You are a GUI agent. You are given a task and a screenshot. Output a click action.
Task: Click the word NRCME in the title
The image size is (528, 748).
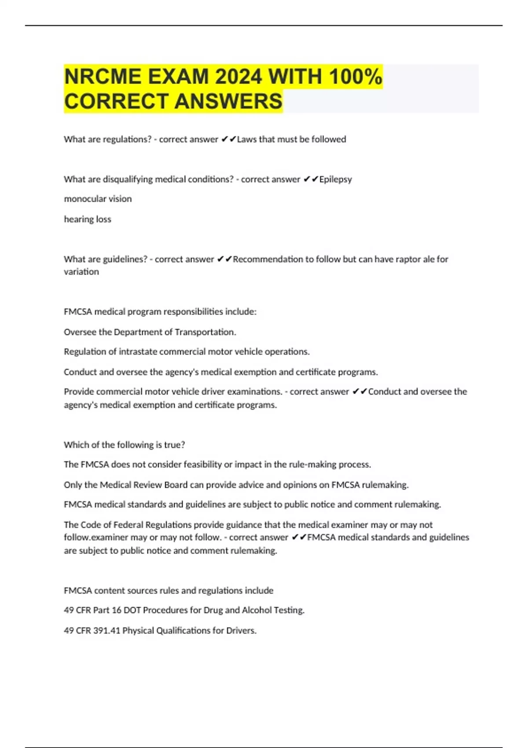coord(102,77)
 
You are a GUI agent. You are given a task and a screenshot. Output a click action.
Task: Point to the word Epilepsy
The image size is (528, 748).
coord(335,179)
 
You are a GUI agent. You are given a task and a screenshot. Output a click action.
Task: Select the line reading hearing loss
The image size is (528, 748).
coord(88,219)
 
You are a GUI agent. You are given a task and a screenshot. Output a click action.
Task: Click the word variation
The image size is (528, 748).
coord(81,272)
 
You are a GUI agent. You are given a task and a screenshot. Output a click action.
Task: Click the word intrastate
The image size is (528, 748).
coord(136,352)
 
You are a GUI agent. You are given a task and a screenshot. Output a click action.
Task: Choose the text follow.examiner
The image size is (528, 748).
coord(98,537)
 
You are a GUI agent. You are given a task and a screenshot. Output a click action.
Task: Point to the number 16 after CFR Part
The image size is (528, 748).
coord(116,610)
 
